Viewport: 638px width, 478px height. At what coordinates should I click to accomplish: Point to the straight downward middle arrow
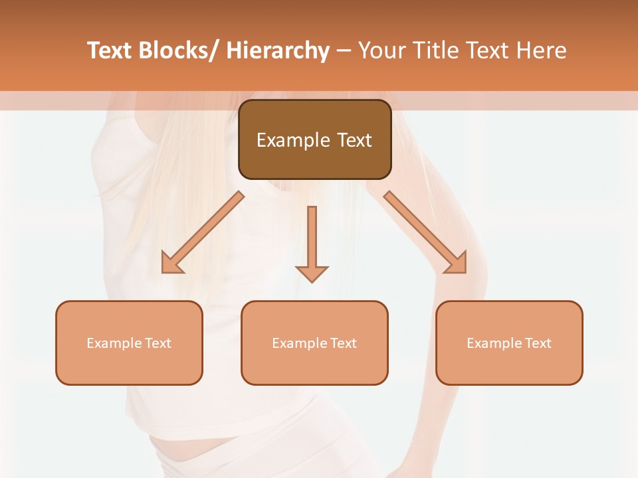pos(312,239)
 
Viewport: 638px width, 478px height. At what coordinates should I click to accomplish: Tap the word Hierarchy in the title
pos(278,50)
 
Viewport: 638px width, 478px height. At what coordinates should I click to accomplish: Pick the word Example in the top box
pos(293,140)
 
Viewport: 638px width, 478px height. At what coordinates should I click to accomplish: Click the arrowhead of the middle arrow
pos(312,274)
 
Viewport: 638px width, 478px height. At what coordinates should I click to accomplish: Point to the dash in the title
pos(344,50)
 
